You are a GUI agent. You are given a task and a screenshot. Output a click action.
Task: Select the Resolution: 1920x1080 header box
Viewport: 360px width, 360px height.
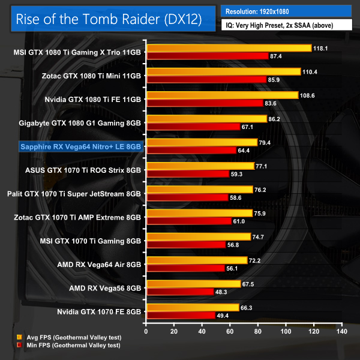point(286,11)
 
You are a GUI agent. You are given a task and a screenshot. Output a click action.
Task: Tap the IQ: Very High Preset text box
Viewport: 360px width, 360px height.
point(286,25)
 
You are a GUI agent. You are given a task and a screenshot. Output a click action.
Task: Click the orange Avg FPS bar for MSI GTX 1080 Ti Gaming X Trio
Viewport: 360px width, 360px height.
point(229,48)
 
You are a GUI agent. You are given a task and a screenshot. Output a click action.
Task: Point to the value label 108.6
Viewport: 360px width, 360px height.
point(307,95)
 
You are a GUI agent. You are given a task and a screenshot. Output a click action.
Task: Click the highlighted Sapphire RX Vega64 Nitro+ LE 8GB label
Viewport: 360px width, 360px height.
point(81,146)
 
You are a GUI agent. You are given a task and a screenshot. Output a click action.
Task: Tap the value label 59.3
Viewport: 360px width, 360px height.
point(238,173)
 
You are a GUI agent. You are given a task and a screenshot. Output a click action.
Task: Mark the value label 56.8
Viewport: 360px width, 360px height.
point(234,244)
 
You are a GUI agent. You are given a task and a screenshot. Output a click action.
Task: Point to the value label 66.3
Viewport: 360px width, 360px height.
point(248,307)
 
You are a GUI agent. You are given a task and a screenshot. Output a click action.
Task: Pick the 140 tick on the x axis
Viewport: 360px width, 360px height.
point(341,330)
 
